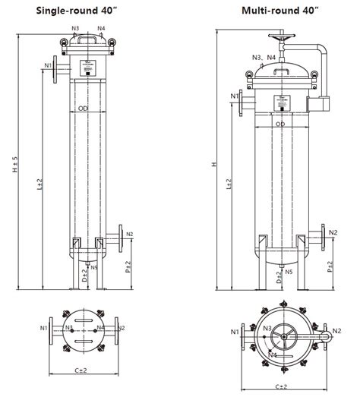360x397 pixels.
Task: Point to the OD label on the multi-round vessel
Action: coord(280,124)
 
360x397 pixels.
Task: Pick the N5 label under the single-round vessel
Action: coord(94,267)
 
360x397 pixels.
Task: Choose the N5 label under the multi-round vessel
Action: coord(287,270)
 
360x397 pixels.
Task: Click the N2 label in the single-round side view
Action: coord(130,234)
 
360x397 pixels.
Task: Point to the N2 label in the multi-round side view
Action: coord(333,232)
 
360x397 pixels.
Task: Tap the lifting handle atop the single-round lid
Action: coord(88,35)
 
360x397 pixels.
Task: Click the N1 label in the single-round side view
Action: coord(48,66)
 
